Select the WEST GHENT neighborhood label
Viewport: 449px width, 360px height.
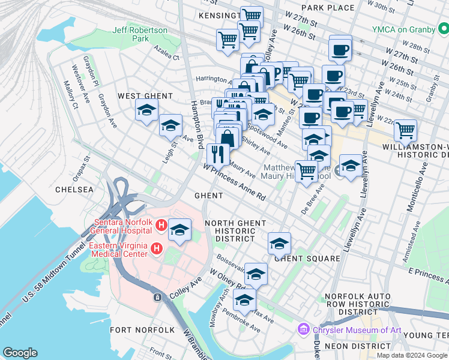coord(145,96)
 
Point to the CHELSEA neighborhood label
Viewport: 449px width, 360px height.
coord(74,190)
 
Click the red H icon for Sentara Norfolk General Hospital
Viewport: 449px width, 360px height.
coord(160,226)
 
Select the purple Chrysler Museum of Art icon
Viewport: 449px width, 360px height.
coord(304,329)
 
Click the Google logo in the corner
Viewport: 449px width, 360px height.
coord(20,353)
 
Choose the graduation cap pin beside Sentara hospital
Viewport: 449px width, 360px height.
coord(179,229)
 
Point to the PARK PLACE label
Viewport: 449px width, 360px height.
coord(328,8)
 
